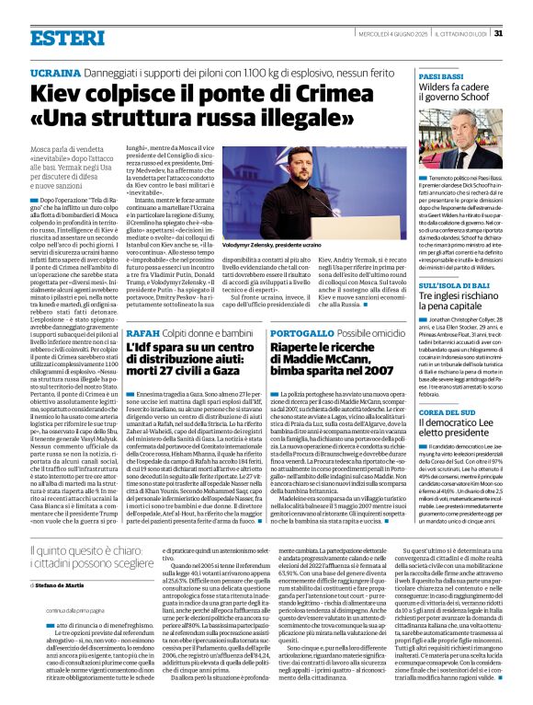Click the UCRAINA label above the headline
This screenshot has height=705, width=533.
tap(55, 72)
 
